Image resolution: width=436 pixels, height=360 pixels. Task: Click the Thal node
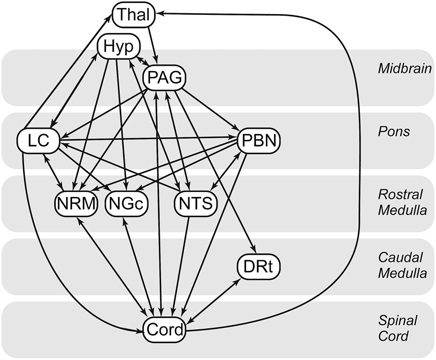[x=134, y=15]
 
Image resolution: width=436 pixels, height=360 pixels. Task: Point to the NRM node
[x=76, y=204]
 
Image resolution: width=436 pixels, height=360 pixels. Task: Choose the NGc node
[x=127, y=204]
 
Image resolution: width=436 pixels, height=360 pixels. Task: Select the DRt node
[x=258, y=267]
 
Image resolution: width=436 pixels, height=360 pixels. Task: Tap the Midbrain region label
[x=404, y=69]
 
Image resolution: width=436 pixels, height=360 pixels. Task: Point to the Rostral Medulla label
[x=402, y=202]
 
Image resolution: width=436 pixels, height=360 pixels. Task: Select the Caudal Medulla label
[x=402, y=265]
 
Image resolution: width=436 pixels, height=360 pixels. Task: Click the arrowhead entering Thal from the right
[x=159, y=13]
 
